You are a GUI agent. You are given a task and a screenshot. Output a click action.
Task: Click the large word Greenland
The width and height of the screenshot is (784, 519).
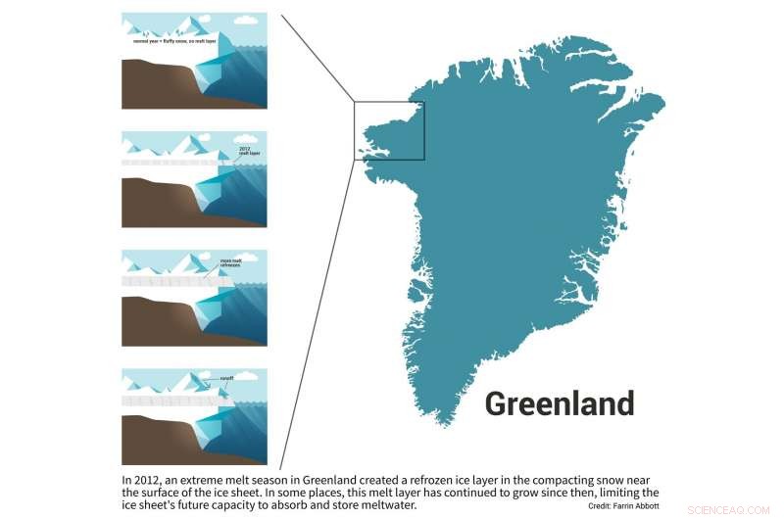pyautogui.click(x=560, y=403)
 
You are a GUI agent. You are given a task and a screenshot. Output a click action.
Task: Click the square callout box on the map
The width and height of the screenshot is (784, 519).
pyautogui.click(x=389, y=130)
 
